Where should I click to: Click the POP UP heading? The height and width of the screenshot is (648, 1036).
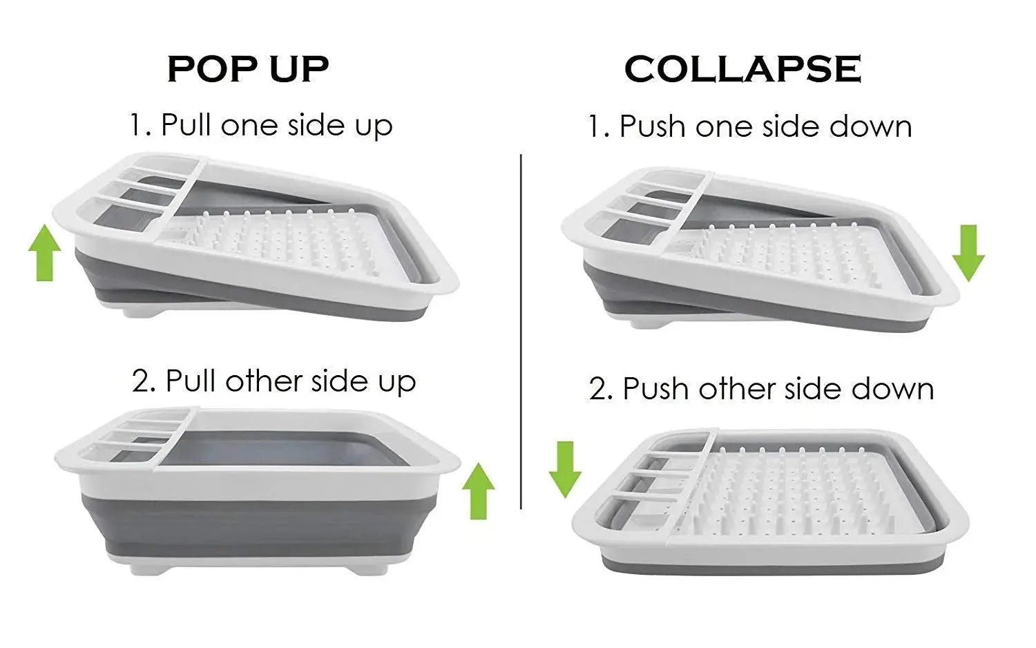[248, 69]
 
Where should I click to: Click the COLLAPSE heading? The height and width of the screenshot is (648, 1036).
[742, 69]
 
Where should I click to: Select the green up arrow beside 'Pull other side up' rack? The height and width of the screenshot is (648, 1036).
[478, 491]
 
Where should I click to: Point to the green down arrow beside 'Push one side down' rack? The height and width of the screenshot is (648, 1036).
[968, 252]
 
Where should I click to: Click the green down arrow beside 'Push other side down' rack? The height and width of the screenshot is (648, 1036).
[565, 469]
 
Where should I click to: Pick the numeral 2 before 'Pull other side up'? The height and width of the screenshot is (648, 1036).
[143, 382]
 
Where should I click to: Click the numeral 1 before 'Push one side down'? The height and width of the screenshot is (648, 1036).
[596, 127]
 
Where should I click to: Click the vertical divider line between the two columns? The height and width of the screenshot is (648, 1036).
[521, 332]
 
